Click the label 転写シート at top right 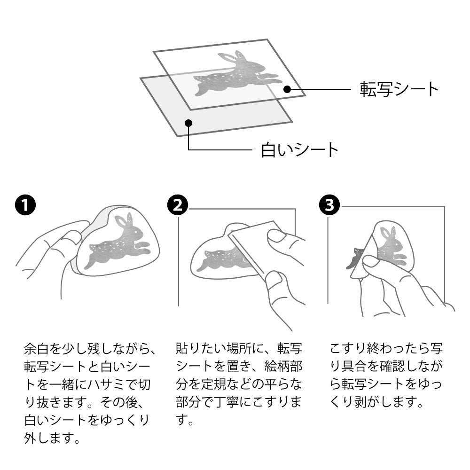(x=399, y=89)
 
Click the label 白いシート (x=299, y=150)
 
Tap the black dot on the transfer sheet (x=287, y=89)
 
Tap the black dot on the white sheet (x=188, y=123)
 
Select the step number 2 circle (x=177, y=205)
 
